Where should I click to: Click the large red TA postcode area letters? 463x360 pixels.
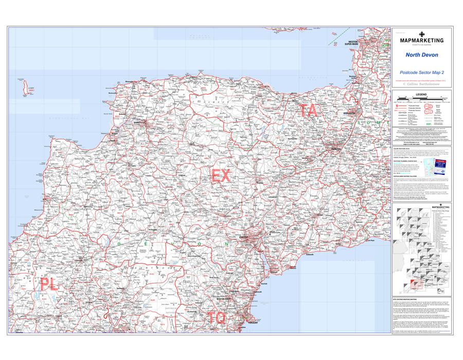(310, 111)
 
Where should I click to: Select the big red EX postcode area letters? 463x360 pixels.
(221, 176)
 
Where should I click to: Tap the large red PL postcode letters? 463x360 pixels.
(47, 284)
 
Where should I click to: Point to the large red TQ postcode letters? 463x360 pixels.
(217, 318)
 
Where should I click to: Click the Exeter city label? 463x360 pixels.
(244, 237)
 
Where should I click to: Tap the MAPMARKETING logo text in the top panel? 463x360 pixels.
(421, 40)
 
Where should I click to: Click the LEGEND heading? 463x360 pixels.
(421, 95)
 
